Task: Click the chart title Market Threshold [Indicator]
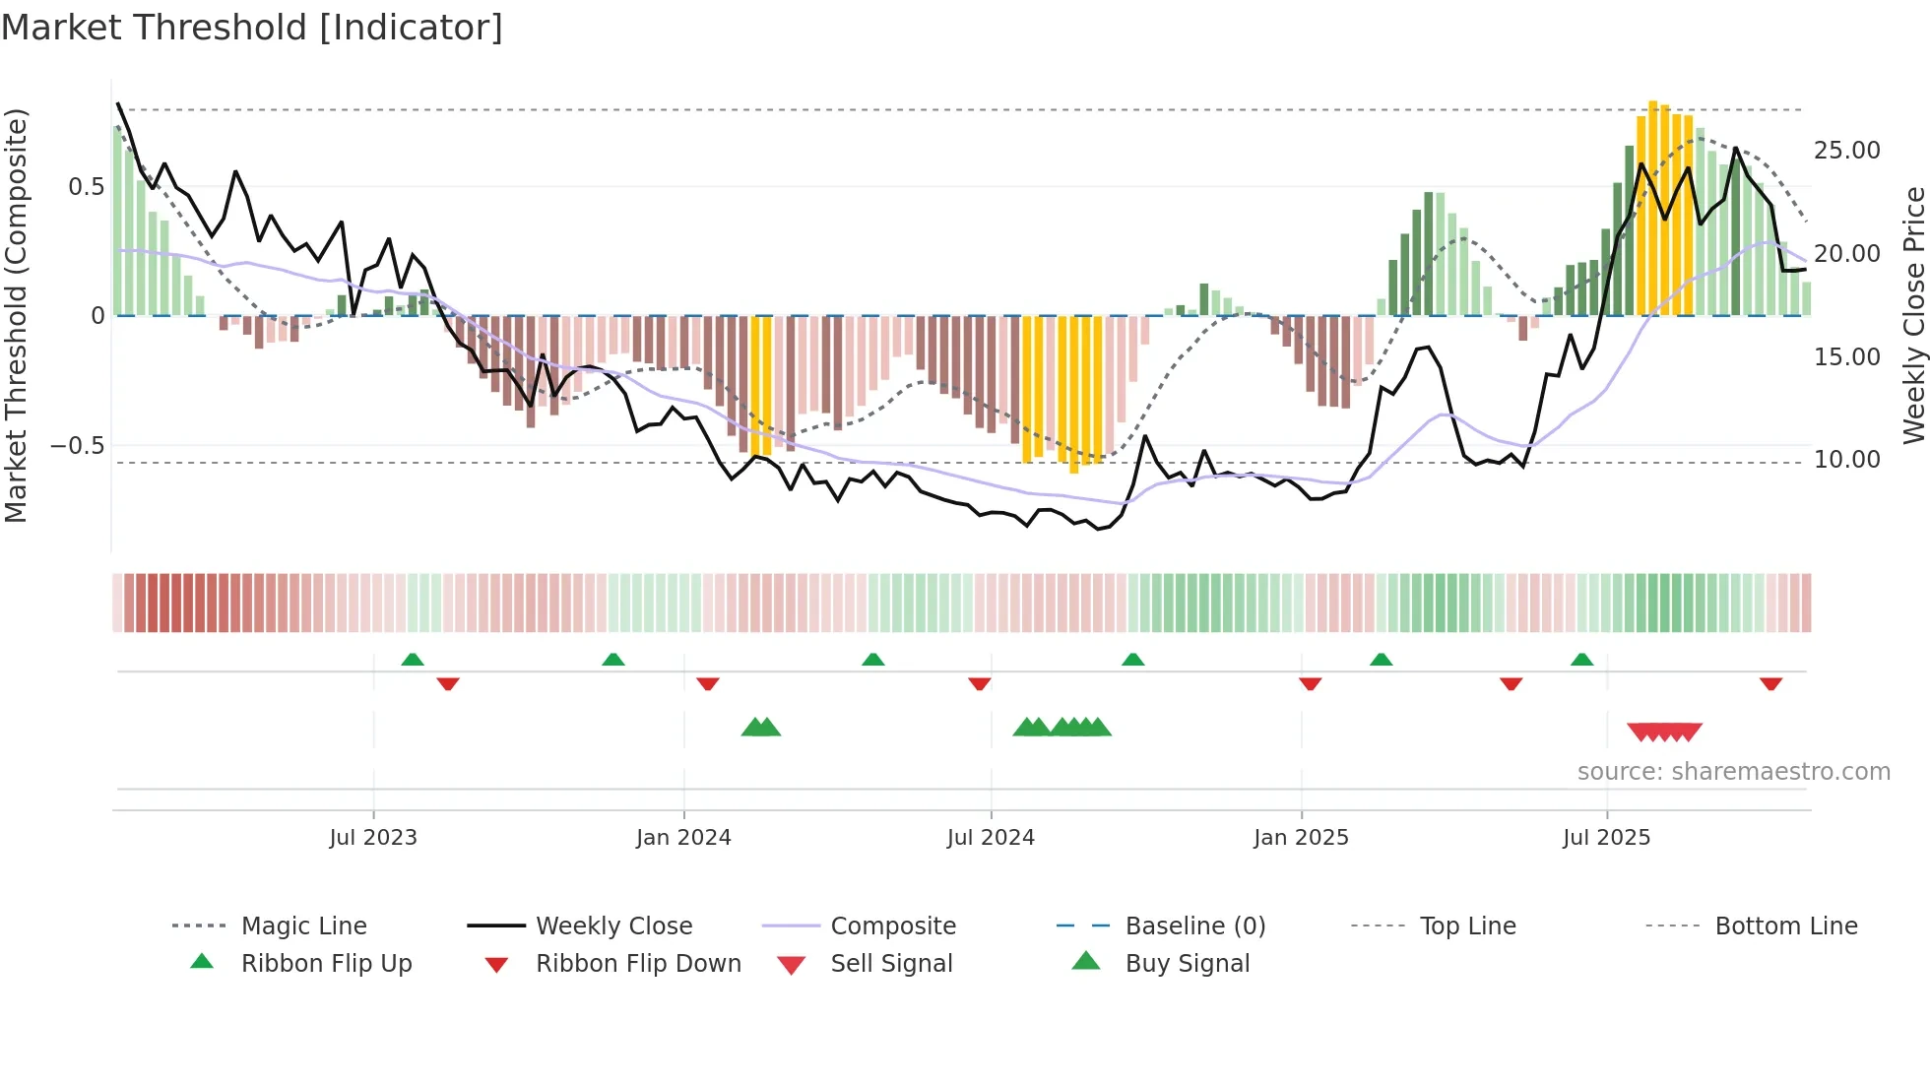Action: pyautogui.click(x=252, y=28)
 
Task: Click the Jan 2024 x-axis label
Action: pyautogui.click(x=683, y=838)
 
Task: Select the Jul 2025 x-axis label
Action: pyautogui.click(x=1606, y=838)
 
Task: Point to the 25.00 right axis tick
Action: pyautogui.click(x=1846, y=151)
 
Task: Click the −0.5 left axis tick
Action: pyautogui.click(x=77, y=446)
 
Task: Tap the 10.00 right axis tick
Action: pyautogui.click(x=1846, y=460)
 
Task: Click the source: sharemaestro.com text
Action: pyautogui.click(x=1733, y=772)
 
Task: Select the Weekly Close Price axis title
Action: pyautogui.click(x=1913, y=315)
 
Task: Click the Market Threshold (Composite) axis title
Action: pyautogui.click(x=16, y=315)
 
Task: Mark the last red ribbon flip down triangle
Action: pyautogui.click(x=1770, y=683)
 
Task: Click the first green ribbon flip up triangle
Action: pyautogui.click(x=413, y=660)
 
